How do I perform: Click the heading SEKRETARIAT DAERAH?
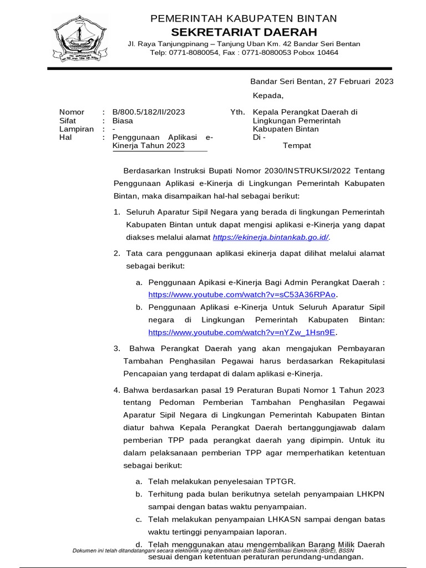tap(244, 32)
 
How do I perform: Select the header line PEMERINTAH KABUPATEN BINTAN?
tap(244, 19)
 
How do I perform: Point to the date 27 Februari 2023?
tap(361, 82)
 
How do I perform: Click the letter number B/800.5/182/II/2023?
tap(148, 112)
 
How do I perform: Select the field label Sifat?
tap(68, 120)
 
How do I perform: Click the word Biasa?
tap(123, 120)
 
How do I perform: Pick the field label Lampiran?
tap(76, 129)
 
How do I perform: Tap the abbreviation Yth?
tap(237, 112)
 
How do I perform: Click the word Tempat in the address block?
tap(297, 145)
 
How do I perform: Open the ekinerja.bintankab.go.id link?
tap(271, 237)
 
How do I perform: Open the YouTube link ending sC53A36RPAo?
tap(242, 295)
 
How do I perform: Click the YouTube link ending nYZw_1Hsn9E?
tap(242, 332)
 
